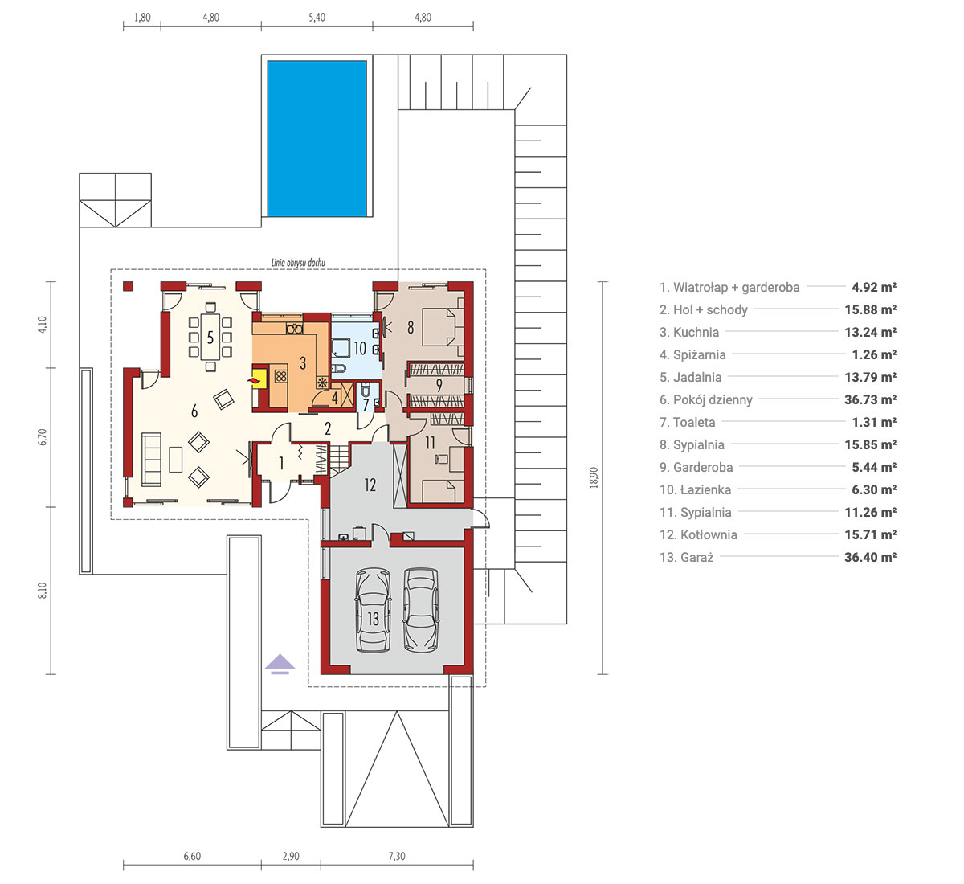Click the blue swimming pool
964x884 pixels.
pyautogui.click(x=317, y=138)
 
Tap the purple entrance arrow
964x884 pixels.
pyautogui.click(x=280, y=664)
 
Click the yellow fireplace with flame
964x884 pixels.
pyautogui.click(x=259, y=378)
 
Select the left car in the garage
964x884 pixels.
pyautogui.click(x=373, y=610)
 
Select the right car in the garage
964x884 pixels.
pyautogui.click(x=421, y=610)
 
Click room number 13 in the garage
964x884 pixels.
pyautogui.click(x=374, y=619)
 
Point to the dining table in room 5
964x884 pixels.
pyautogui.click(x=210, y=337)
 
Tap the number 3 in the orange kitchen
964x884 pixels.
pyautogui.click(x=303, y=362)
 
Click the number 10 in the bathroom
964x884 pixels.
pyautogui.click(x=360, y=348)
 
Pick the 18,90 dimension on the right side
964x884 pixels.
pyautogui.click(x=594, y=477)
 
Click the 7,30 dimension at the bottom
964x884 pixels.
pyautogui.click(x=397, y=856)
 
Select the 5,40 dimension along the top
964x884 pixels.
pyautogui.click(x=317, y=18)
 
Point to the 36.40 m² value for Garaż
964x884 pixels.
pyautogui.click(x=870, y=557)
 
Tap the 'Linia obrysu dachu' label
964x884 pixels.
pyautogui.click(x=298, y=263)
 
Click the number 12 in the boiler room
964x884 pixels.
pyautogui.click(x=370, y=485)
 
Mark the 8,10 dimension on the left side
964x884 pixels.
pyautogui.click(x=43, y=590)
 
